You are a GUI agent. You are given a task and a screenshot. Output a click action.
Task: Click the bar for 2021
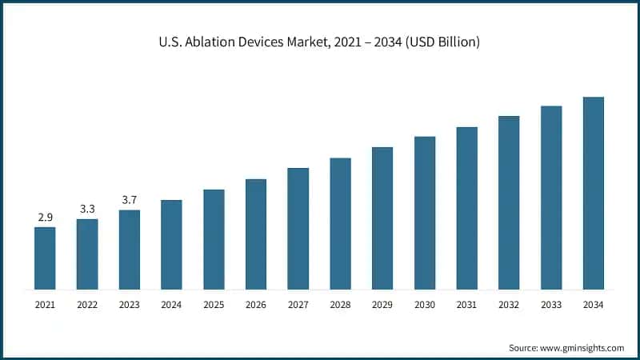tap(45, 258)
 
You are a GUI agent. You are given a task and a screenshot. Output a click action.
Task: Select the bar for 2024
tap(171, 244)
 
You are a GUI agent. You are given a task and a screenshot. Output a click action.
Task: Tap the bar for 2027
tap(298, 228)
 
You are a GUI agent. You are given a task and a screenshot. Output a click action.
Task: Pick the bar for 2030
tap(425, 212)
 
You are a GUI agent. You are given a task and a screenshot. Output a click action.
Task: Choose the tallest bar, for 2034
tap(594, 193)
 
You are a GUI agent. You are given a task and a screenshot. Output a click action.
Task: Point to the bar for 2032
tap(509, 202)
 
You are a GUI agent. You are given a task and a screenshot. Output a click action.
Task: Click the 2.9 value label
tap(45, 218)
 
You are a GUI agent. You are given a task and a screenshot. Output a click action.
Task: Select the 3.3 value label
tap(87, 209)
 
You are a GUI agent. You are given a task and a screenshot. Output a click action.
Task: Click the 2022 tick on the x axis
tap(87, 305)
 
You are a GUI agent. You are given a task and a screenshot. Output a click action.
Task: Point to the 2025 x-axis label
tap(214, 305)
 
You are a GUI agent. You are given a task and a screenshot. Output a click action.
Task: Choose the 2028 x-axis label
tap(340, 305)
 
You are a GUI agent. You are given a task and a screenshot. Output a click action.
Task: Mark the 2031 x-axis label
tap(466, 305)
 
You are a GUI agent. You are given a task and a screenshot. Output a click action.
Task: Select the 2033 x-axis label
tap(551, 305)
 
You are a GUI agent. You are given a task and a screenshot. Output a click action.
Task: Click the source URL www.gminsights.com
tap(582, 348)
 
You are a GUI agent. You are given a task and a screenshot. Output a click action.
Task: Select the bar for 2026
tap(256, 234)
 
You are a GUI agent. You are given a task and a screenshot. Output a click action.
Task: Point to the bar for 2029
tap(382, 218)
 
